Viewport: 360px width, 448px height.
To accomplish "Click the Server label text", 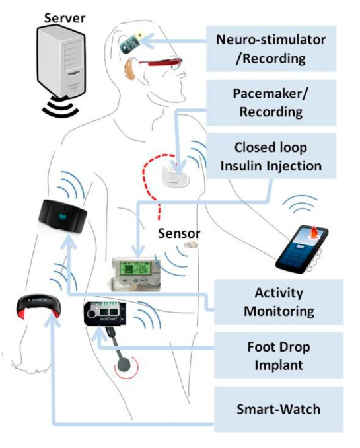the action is [65, 18].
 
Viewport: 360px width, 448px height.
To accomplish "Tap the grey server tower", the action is [61, 61].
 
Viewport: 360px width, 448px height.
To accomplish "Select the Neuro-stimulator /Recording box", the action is [271, 49].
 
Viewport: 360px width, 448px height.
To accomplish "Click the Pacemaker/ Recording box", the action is [271, 102].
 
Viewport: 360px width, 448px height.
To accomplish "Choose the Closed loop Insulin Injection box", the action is [271, 157].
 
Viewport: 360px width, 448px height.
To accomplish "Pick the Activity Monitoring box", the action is [279, 302].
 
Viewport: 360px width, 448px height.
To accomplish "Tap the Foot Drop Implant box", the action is [279, 355].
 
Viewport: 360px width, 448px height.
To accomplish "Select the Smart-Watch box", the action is [279, 410].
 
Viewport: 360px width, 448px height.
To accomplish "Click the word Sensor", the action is [179, 233].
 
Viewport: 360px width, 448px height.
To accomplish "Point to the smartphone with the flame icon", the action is [302, 249].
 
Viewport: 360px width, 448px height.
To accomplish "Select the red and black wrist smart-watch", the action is [38, 307].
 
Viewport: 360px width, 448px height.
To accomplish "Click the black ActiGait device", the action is [105, 314].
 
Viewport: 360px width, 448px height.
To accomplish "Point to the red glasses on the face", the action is [161, 63].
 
